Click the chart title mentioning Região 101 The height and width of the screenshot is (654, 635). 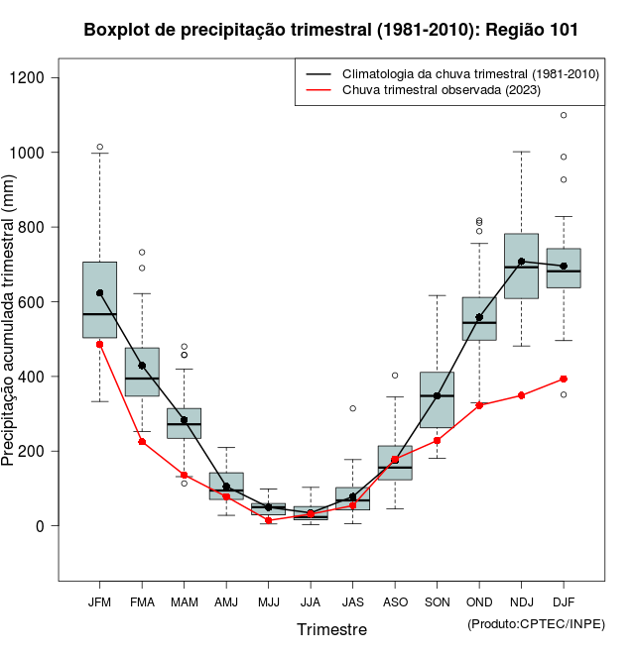[331, 31]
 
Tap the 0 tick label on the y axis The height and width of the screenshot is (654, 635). [46, 526]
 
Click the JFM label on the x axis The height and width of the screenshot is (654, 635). [99, 601]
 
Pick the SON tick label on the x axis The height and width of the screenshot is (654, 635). [437, 601]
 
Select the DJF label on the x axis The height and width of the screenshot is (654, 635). [564, 601]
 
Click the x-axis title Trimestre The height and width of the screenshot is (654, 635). [331, 629]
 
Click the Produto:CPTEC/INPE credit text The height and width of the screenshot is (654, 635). [536, 623]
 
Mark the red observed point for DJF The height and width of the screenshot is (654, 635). [564, 379]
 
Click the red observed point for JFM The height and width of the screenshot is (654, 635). [99, 344]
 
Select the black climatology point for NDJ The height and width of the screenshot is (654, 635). [521, 262]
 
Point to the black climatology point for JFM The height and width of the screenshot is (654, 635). [99, 293]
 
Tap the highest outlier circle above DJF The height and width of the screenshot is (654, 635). [564, 115]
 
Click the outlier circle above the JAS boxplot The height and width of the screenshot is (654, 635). [352, 408]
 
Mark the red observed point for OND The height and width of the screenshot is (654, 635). [479, 405]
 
